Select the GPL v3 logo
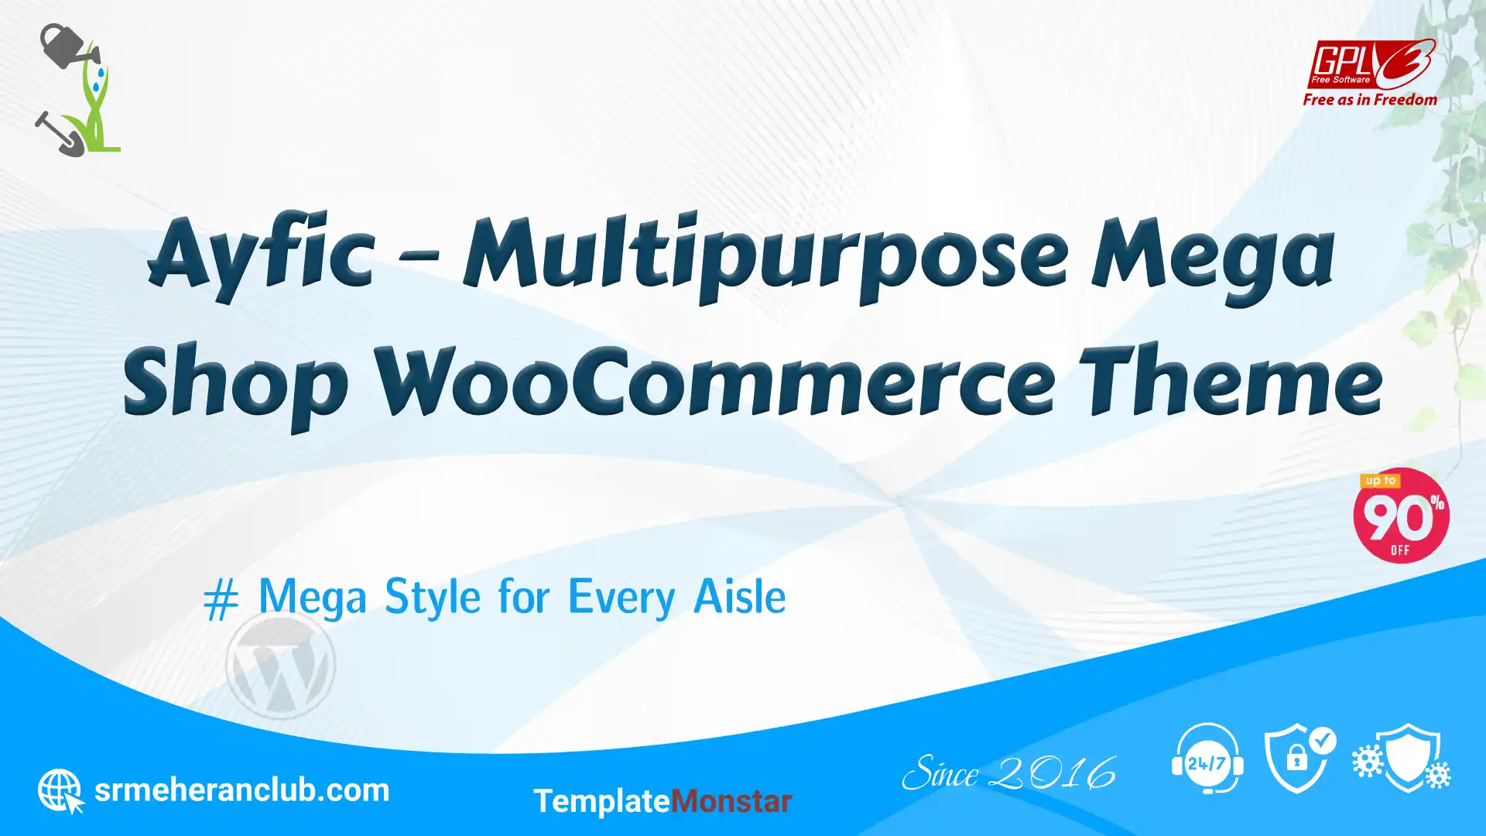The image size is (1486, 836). click(1371, 65)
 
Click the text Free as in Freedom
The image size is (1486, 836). click(1370, 100)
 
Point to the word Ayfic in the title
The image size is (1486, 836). click(262, 254)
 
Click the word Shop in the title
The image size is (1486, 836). click(236, 386)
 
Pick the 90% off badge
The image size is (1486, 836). click(1401, 516)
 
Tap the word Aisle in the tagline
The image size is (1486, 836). click(740, 597)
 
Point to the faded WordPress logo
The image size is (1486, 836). click(280, 664)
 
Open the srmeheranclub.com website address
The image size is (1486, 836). click(241, 790)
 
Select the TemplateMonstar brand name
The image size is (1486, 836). click(663, 801)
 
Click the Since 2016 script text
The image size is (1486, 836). click(1009, 773)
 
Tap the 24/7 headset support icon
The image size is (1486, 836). click(1207, 759)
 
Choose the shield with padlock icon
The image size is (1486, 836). click(1300, 759)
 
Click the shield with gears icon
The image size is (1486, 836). click(1402, 758)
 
